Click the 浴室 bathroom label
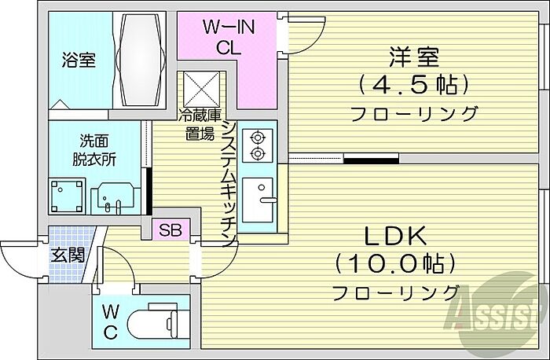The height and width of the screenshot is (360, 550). [x=79, y=61]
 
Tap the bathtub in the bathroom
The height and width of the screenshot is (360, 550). [x=141, y=61]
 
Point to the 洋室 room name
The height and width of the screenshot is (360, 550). [x=413, y=56]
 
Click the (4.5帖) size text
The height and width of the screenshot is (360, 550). [x=413, y=84]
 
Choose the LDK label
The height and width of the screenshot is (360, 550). [x=394, y=235]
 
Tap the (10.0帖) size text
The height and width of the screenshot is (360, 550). [x=394, y=263]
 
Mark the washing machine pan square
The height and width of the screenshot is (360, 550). [x=67, y=195]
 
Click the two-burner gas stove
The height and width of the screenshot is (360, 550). [x=256, y=146]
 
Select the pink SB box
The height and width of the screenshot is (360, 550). [x=169, y=230]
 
